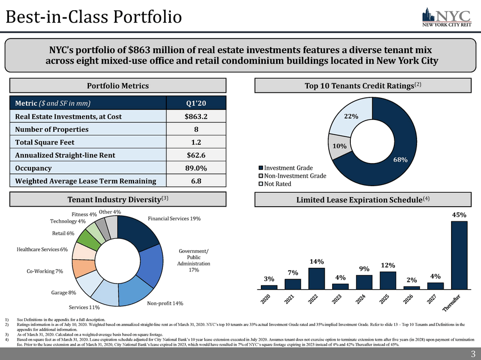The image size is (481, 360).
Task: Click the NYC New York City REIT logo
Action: click(x=446, y=17)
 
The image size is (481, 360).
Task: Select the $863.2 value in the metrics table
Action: click(x=196, y=117)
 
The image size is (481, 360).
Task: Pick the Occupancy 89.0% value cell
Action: click(x=196, y=168)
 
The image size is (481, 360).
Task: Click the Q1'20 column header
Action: click(x=196, y=103)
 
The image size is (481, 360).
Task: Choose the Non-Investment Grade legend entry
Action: click(x=292, y=176)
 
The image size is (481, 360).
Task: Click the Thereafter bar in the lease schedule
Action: click(x=459, y=255)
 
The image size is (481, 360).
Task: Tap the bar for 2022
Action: click(x=316, y=278)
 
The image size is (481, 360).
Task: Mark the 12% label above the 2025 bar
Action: click(x=388, y=265)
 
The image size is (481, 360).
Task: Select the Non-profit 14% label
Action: click(x=165, y=304)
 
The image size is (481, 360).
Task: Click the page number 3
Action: click(x=473, y=354)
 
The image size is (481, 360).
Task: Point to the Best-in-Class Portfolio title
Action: click(x=93, y=17)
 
